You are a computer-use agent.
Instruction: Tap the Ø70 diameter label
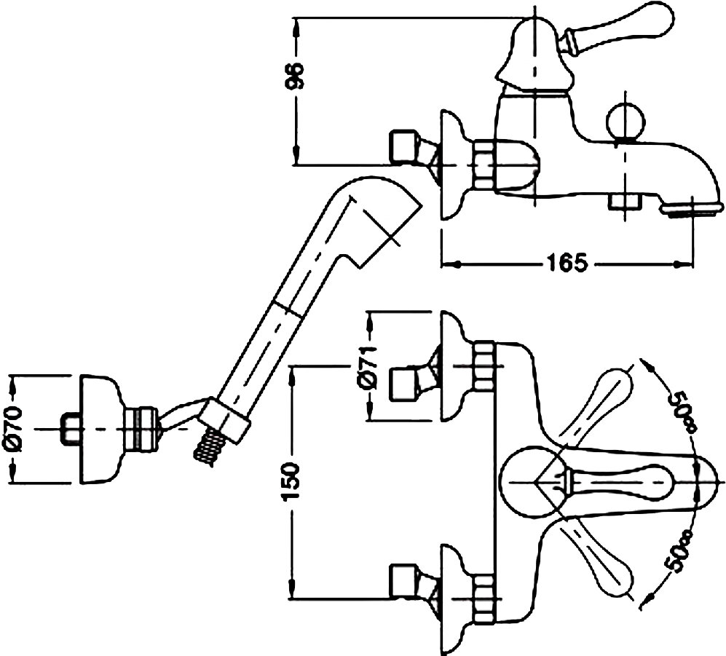click(16, 429)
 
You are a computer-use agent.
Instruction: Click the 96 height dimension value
click(296, 75)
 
